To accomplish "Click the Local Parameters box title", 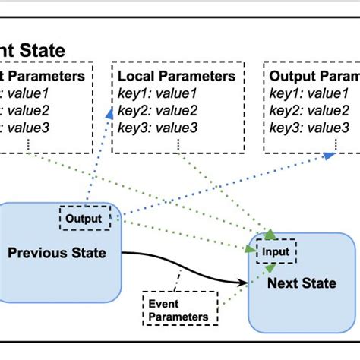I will tap(177, 76).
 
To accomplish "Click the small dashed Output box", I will tap(84, 219).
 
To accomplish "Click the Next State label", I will tap(302, 283).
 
